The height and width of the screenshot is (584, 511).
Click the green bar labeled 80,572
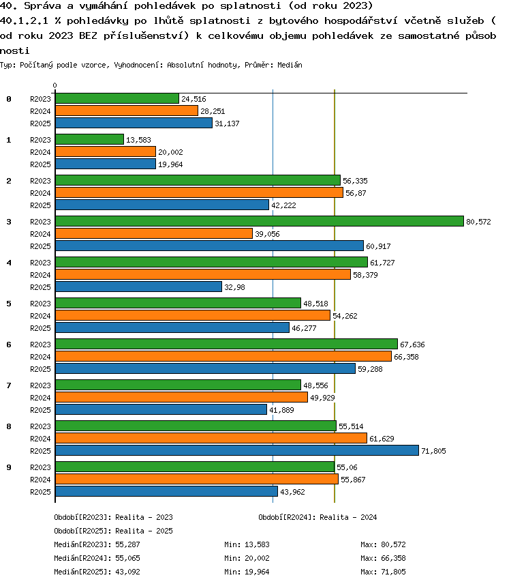[260, 221]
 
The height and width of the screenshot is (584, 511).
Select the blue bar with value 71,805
[237, 450]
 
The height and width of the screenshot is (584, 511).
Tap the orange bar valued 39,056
[154, 233]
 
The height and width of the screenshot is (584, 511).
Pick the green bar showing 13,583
[90, 139]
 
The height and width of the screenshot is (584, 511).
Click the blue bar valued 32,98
[139, 287]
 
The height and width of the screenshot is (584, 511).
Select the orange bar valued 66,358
[223, 356]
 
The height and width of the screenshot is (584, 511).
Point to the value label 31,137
[227, 123]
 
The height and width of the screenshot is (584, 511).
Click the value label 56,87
[356, 193]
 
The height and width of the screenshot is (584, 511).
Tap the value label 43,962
[292, 492]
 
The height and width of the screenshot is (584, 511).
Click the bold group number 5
[9, 304]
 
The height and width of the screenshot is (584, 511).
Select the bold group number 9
[9, 467]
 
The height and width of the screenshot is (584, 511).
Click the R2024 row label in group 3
[40, 234]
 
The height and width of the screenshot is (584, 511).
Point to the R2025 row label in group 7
[40, 410]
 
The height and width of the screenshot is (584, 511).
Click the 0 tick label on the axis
[55, 86]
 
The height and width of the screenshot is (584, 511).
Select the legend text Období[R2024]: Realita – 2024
[318, 517]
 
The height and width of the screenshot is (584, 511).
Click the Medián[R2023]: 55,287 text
[97, 544]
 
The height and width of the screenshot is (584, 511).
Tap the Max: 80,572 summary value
[383, 544]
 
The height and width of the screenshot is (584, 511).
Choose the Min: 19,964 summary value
[247, 572]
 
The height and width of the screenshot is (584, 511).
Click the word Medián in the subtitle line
[290, 65]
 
